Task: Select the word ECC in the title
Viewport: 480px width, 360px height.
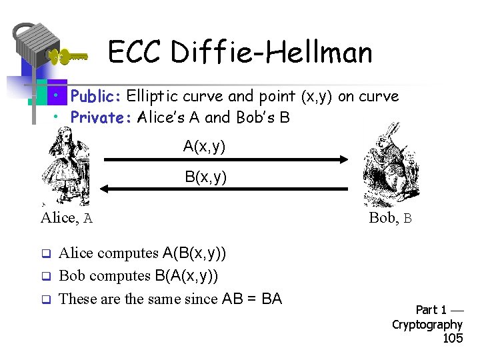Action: (134, 52)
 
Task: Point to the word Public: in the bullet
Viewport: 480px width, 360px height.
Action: (95, 97)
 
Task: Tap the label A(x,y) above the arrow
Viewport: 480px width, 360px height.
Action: (205, 146)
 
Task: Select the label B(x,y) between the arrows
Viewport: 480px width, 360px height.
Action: (205, 177)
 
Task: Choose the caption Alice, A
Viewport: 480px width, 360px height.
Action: (67, 217)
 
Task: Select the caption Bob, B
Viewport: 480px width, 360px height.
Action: (391, 217)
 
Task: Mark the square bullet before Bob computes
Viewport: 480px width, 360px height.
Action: (47, 276)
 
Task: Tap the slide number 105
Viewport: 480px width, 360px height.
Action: (453, 339)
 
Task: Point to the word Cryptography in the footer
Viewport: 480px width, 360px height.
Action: (427, 325)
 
